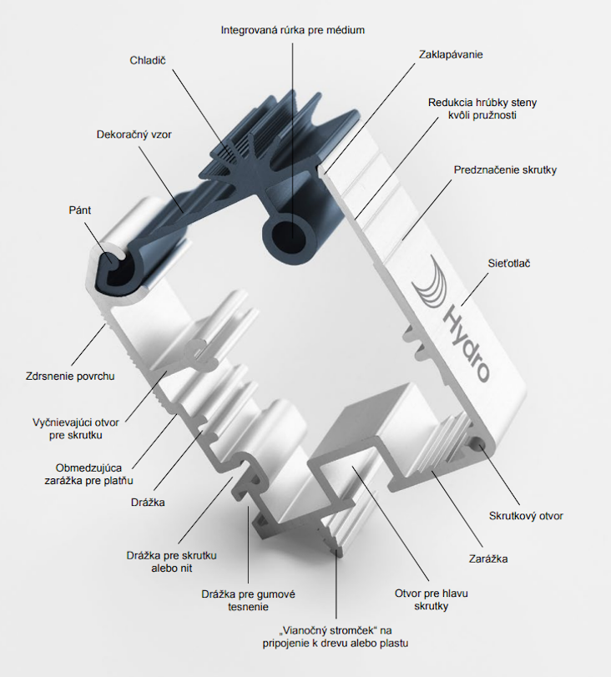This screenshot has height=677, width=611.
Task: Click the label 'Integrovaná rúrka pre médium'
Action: [292, 30]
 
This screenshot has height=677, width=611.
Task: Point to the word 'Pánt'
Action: [79, 210]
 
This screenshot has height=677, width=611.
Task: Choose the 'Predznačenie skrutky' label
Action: [505, 169]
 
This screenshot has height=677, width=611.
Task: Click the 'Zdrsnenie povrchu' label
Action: [69, 376]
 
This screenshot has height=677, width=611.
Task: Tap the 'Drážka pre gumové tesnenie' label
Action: [248, 600]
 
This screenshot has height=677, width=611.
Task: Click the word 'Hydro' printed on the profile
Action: [467, 343]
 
